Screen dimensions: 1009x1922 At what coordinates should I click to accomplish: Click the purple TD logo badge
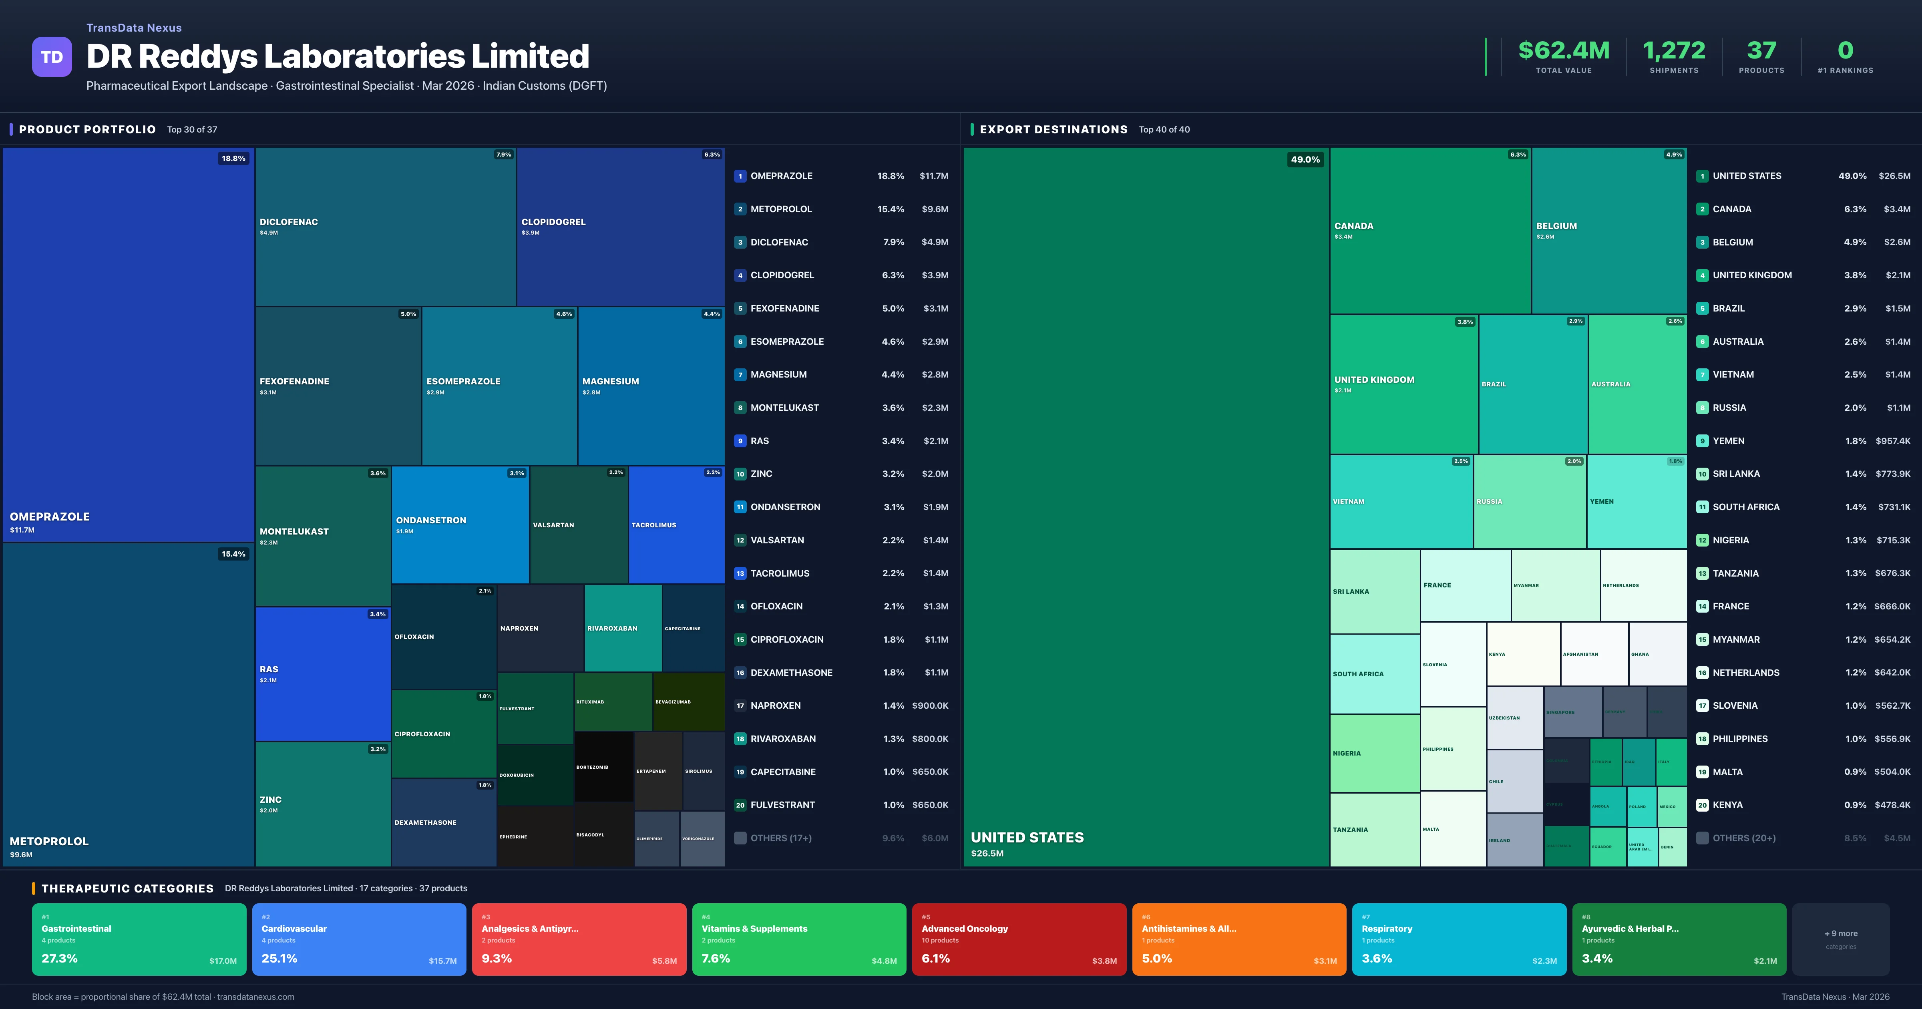pyautogui.click(x=52, y=57)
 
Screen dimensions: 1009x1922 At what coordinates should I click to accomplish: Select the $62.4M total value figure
pyautogui.click(x=1563, y=51)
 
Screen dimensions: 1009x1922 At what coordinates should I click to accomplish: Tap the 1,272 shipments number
pyautogui.click(x=1674, y=51)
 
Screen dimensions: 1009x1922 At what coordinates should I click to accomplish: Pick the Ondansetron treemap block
pyautogui.click(x=460, y=525)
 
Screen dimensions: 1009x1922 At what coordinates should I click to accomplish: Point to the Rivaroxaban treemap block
pyautogui.click(x=622, y=628)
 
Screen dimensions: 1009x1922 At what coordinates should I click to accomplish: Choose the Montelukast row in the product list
pyautogui.click(x=784, y=408)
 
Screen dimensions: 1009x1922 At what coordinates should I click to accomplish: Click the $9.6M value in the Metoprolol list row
pyautogui.click(x=934, y=209)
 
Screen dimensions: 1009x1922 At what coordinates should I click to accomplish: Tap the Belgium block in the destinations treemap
pyautogui.click(x=1608, y=230)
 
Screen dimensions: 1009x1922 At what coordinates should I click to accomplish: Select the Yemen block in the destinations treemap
pyautogui.click(x=1636, y=502)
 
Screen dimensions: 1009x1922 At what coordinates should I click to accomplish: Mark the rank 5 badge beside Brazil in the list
pyautogui.click(x=1702, y=308)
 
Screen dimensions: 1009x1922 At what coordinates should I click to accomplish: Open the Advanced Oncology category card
pyautogui.click(x=1018, y=939)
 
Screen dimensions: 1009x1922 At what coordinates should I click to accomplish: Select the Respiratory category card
pyautogui.click(x=1459, y=939)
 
